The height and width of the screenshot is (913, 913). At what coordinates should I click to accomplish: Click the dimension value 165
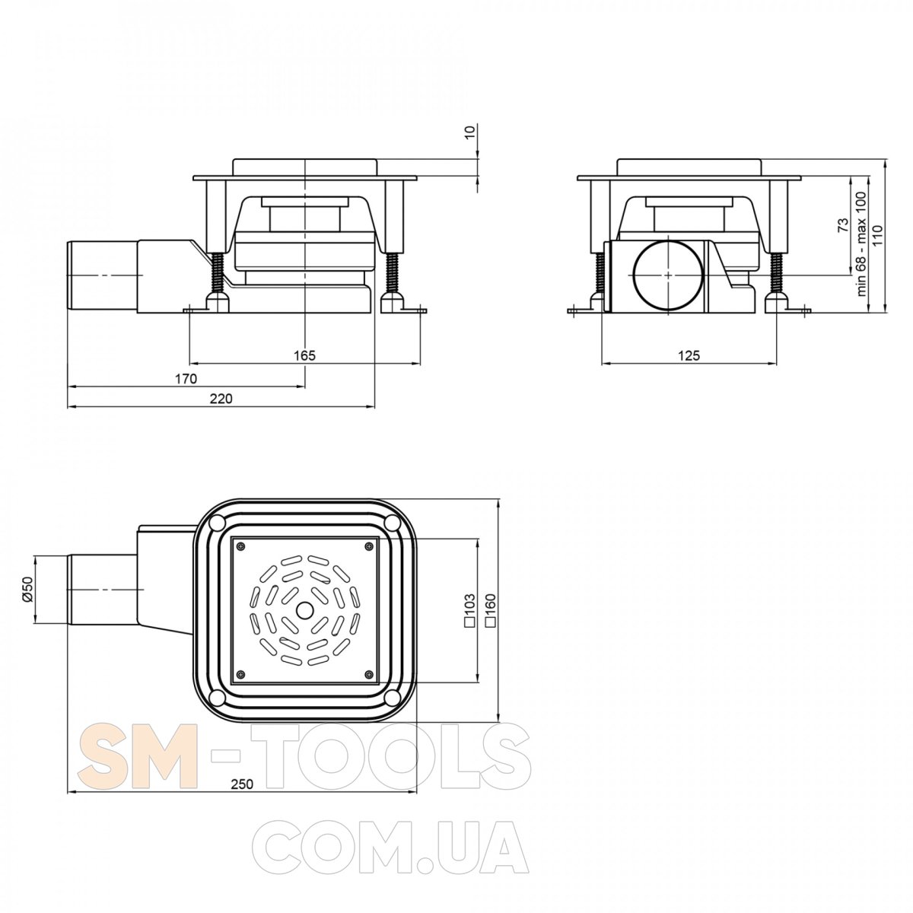304,355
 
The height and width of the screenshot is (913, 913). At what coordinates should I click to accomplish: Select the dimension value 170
186,379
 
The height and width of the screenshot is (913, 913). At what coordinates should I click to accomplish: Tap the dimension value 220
221,399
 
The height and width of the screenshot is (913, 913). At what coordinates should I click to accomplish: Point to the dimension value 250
242,784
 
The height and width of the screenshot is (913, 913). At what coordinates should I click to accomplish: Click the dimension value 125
689,355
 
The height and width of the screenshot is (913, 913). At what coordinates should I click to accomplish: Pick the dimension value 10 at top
470,132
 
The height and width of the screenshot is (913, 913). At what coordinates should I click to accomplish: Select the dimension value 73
844,225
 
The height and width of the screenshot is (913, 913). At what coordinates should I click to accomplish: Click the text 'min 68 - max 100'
861,243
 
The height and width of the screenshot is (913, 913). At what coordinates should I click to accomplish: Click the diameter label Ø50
27,589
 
